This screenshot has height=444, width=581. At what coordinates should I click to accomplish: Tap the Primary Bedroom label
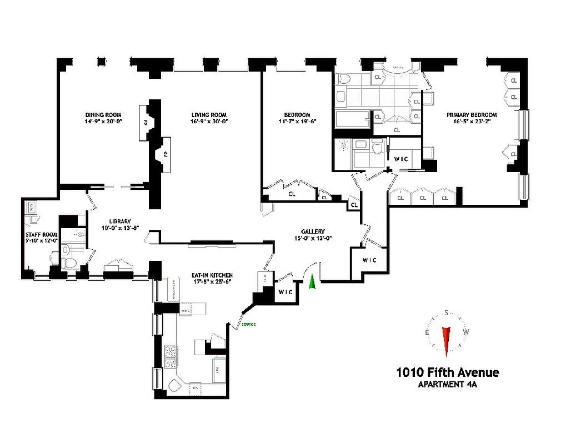(472, 115)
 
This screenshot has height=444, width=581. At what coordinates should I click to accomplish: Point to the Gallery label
(313, 231)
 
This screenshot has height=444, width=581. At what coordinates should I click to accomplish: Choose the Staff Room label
(38, 234)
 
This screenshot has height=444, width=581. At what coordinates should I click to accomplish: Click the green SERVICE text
(248, 324)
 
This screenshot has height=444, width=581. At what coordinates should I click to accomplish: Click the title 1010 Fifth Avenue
(447, 372)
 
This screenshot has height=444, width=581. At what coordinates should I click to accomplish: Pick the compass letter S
(446, 312)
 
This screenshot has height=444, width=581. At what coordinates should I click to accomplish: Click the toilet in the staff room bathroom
(69, 262)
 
